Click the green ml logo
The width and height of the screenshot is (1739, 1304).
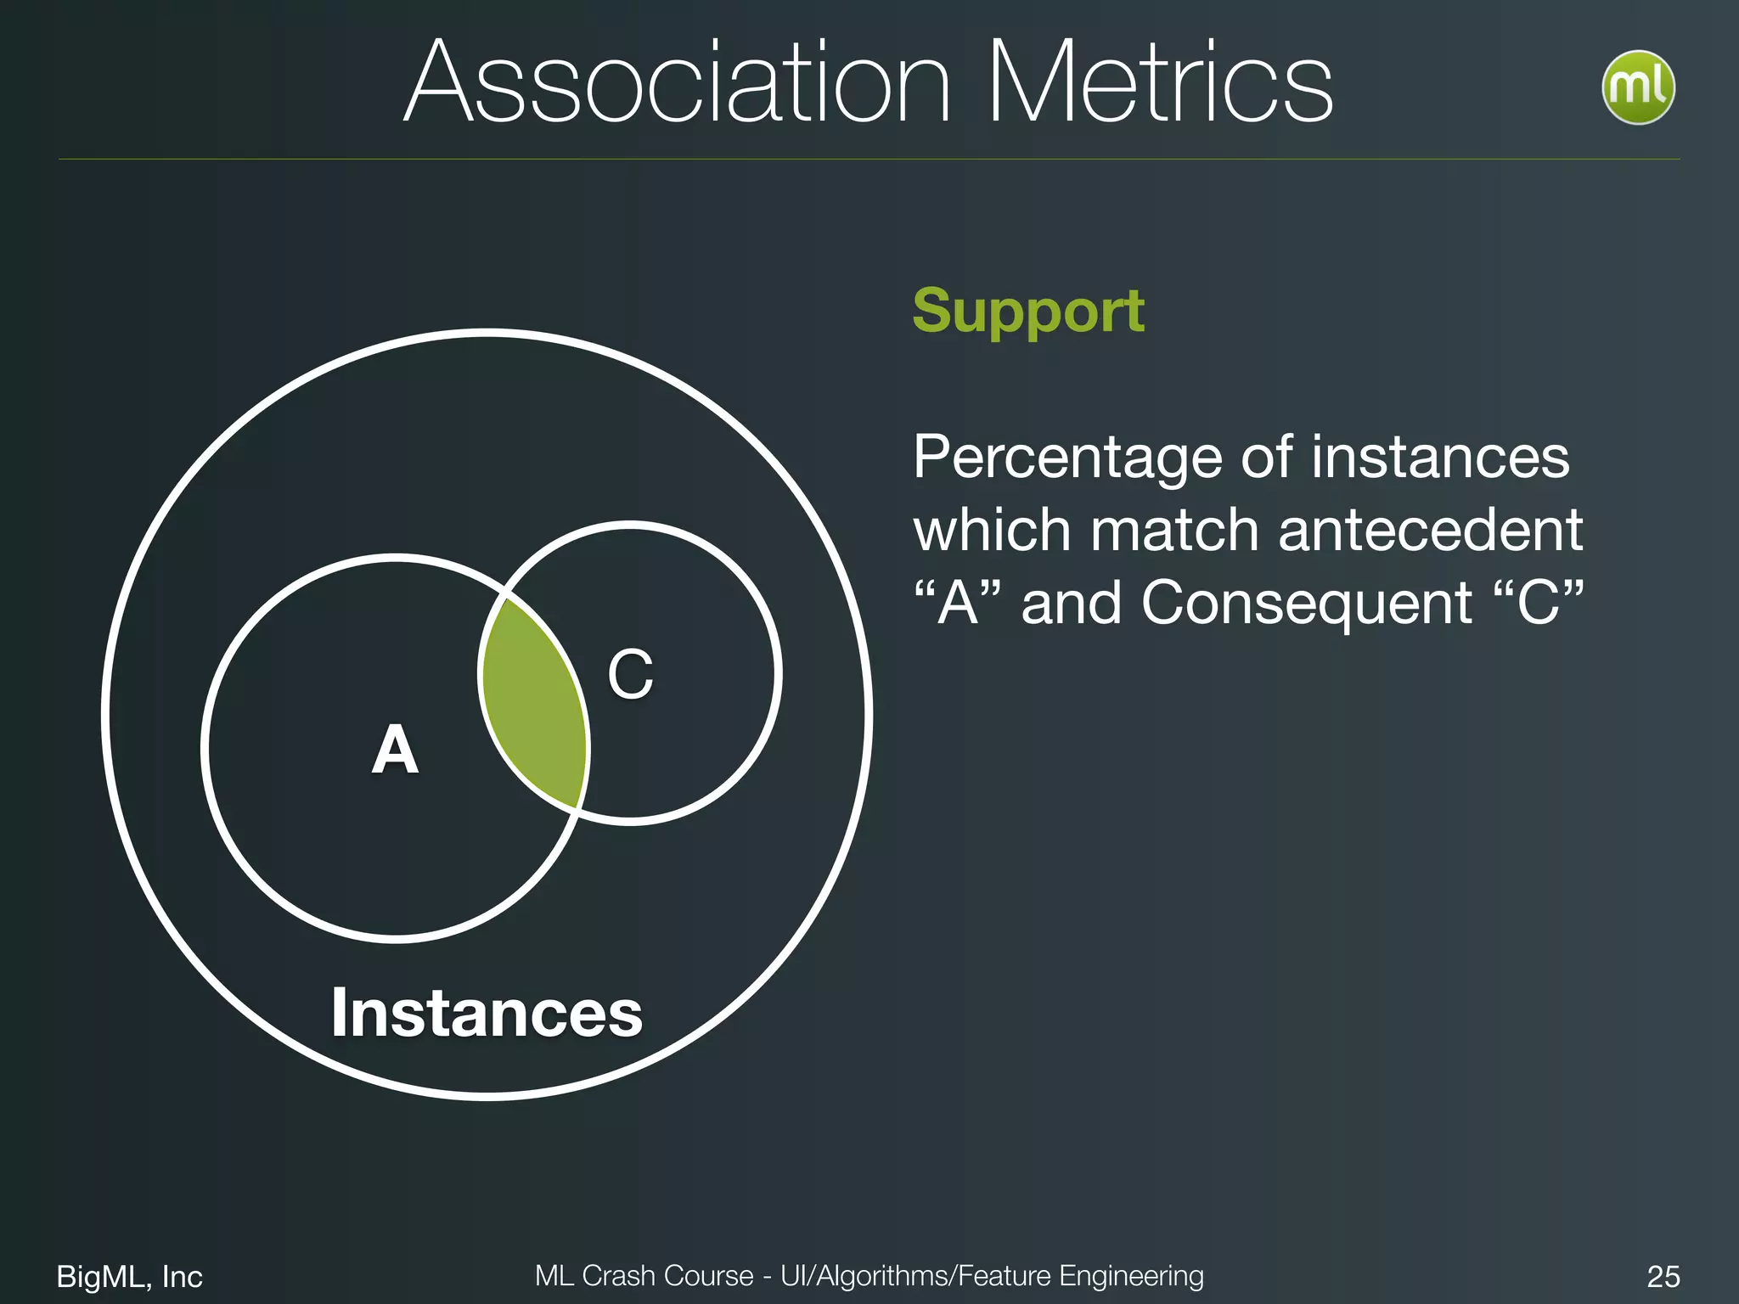coord(1638,87)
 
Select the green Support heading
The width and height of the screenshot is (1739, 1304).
coord(1028,311)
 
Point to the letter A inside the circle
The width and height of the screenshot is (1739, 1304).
coord(395,750)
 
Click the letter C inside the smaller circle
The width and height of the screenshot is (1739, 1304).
coord(630,675)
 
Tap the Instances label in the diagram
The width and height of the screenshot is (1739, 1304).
coord(487,1013)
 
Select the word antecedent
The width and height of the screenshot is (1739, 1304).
coord(1430,531)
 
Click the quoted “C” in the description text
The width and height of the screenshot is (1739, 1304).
coord(1538,603)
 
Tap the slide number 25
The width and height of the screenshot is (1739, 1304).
coord(1663,1276)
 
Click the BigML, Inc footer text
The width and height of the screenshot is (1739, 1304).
coord(129,1276)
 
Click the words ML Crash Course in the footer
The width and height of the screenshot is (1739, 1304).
coord(644,1276)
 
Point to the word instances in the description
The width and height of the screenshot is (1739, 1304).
coord(1440,458)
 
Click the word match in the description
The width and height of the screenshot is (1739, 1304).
coord(1174,531)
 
